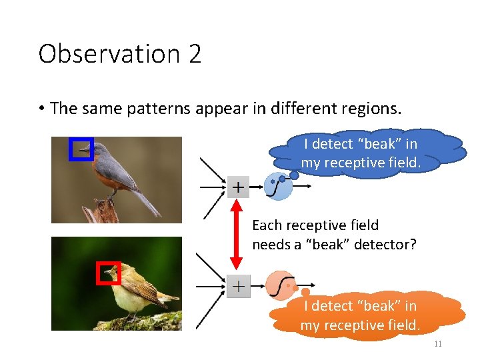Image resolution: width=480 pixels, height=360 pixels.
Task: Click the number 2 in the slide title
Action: (x=195, y=54)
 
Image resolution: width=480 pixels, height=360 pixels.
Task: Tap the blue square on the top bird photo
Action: (x=81, y=149)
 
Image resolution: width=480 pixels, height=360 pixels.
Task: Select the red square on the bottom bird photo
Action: (x=109, y=273)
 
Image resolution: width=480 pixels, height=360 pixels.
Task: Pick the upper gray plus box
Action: (x=239, y=187)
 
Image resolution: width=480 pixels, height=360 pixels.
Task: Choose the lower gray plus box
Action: (x=239, y=287)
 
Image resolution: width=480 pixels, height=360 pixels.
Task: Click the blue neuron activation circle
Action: (x=279, y=187)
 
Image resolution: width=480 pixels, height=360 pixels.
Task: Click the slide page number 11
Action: (x=438, y=344)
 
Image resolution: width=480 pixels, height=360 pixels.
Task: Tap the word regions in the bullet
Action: (x=371, y=109)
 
